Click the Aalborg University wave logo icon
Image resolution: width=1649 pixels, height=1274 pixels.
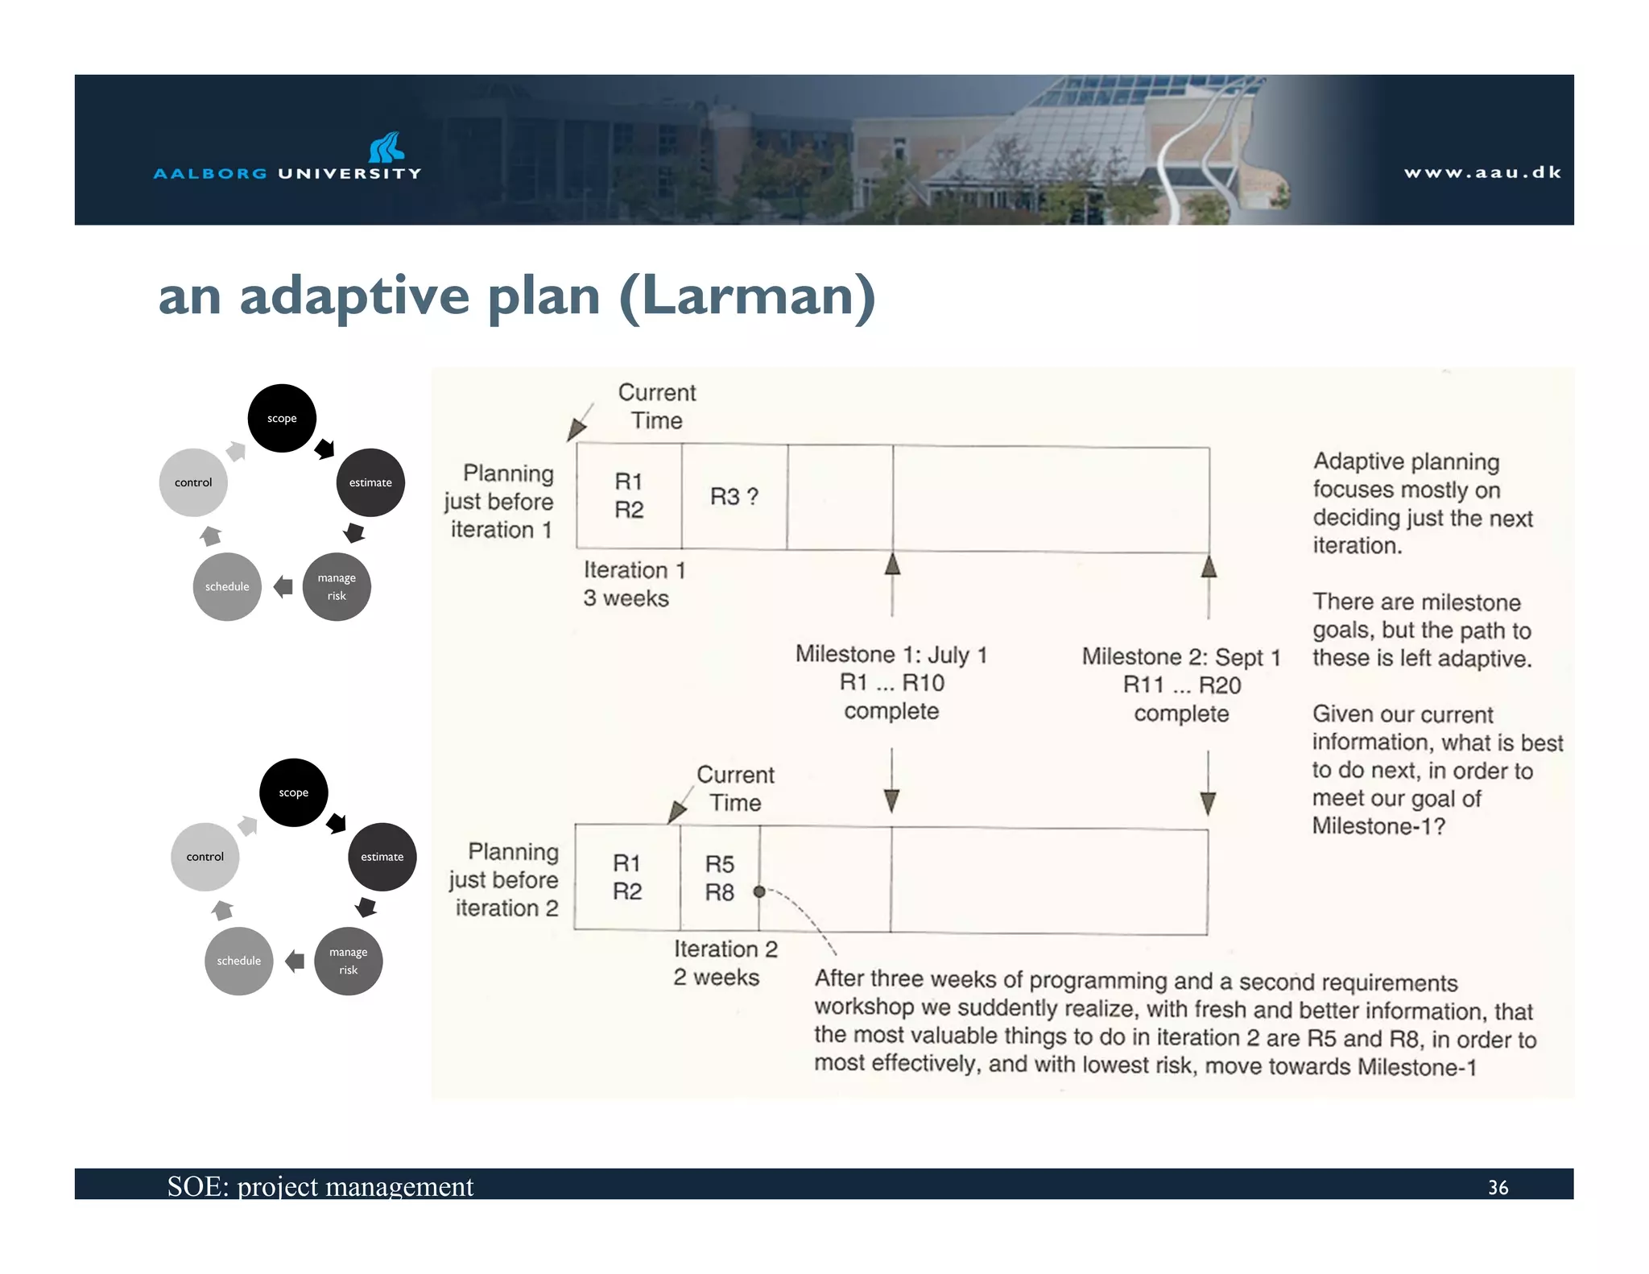click(386, 147)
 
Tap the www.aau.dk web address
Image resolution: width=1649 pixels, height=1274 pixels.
click(1482, 172)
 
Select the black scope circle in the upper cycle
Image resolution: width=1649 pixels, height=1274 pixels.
click(282, 418)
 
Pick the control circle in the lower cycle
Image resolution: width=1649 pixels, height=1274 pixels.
click(205, 857)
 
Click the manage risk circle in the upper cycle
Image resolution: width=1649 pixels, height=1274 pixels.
click(337, 586)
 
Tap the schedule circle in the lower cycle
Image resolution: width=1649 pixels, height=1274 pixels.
click(239, 961)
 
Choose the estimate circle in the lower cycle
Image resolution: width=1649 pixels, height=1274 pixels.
click(382, 857)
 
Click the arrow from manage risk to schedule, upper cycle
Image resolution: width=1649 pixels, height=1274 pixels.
click(283, 586)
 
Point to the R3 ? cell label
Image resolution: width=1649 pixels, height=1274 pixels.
click(734, 496)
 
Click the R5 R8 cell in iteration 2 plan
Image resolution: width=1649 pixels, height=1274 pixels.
click(719, 878)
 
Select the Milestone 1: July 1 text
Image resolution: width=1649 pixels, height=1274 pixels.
click(891, 655)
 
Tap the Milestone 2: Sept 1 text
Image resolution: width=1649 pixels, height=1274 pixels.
click(1180, 657)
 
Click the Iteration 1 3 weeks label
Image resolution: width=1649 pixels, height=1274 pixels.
click(634, 584)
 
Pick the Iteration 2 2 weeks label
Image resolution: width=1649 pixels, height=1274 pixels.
click(724, 962)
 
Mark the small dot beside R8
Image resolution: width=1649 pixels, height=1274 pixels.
click(759, 891)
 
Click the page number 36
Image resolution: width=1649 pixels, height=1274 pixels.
click(1498, 1187)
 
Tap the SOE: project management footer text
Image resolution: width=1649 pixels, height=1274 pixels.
click(320, 1186)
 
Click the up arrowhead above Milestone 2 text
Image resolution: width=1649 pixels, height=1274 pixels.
click(1208, 568)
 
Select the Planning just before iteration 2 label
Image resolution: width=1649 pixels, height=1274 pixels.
click(504, 879)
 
